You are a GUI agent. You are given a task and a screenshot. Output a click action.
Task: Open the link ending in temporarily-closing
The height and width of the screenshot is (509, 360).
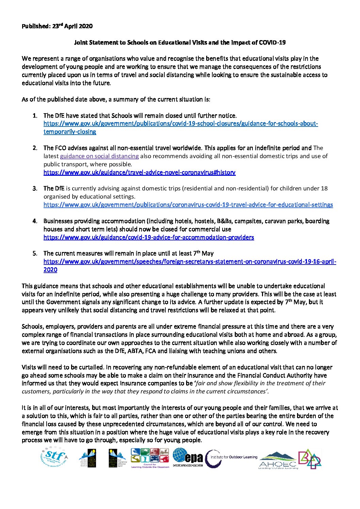click(x=70, y=132)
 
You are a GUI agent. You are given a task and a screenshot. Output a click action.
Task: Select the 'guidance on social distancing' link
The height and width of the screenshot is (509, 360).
click(x=99, y=156)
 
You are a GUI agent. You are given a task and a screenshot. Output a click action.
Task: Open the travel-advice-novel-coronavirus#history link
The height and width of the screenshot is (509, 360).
click(x=139, y=172)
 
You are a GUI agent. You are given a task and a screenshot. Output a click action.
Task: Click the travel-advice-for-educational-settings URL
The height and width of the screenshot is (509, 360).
click(x=188, y=205)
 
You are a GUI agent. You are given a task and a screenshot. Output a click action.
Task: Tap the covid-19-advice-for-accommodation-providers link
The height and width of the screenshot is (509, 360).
click(x=148, y=237)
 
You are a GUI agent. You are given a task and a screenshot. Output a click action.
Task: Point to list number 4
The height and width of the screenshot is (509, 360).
click(x=35, y=221)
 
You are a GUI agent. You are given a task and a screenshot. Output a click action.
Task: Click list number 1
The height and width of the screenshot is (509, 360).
click(x=35, y=116)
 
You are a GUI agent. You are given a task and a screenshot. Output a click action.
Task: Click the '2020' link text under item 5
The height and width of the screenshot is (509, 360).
click(x=50, y=270)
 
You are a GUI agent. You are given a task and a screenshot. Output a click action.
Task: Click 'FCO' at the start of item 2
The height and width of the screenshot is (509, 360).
click(x=60, y=148)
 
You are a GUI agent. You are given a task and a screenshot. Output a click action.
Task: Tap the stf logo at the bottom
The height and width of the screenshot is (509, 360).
click(x=54, y=457)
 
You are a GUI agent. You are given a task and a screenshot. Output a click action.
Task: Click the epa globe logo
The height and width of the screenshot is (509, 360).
click(x=187, y=457)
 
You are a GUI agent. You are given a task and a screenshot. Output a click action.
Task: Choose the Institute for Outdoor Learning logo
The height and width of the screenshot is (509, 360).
click(x=231, y=458)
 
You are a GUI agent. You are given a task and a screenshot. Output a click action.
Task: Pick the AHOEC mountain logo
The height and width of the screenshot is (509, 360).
click(x=278, y=460)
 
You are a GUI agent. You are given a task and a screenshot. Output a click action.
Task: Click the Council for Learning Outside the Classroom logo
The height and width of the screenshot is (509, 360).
click(x=150, y=458)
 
